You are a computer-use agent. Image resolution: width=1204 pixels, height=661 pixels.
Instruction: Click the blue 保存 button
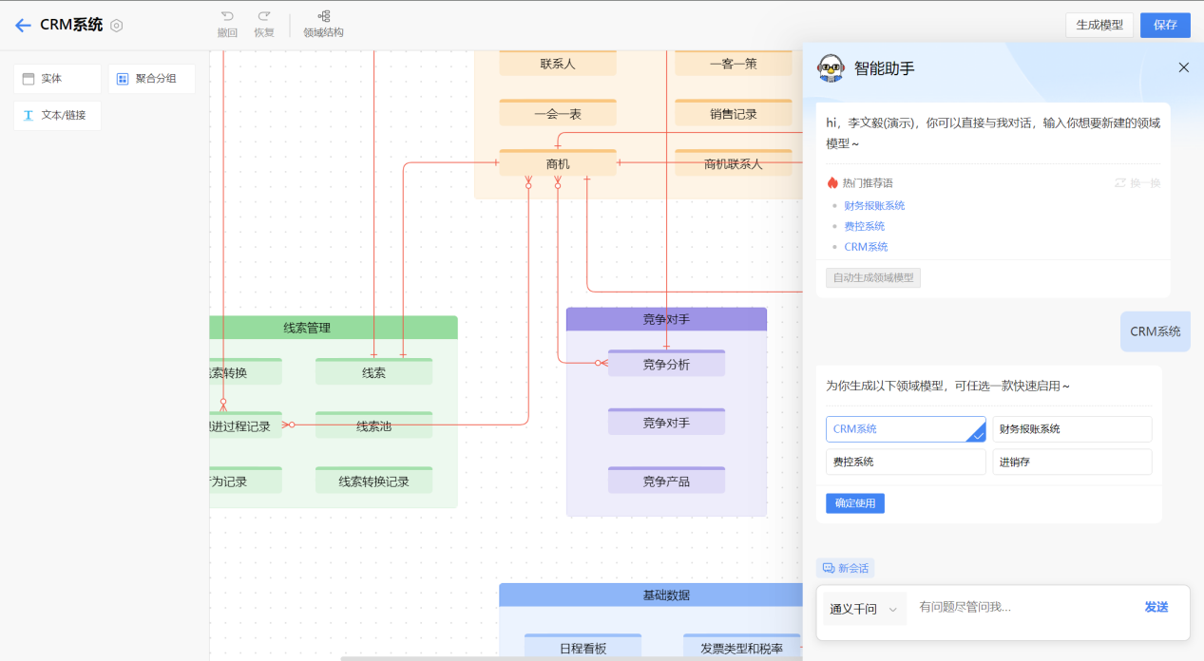coord(1165,26)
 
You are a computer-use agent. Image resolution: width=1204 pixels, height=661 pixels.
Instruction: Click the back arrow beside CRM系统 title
coord(23,26)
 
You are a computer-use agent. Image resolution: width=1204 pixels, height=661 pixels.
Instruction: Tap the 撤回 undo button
coord(227,24)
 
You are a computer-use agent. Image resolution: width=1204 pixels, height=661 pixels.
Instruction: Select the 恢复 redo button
coord(263,24)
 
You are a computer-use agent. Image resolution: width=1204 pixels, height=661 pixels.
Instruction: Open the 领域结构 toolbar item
coord(323,24)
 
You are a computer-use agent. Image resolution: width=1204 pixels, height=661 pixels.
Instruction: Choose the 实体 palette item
coord(57,79)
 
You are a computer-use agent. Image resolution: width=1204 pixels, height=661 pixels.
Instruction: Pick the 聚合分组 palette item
coord(151,79)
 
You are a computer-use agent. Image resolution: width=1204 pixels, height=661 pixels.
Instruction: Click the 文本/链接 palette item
coord(57,116)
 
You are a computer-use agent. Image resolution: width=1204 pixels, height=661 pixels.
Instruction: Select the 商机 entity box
coord(558,164)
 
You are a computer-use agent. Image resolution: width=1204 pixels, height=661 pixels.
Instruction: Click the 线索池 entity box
coord(373,426)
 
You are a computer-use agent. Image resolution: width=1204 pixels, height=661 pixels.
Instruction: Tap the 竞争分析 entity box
coord(666,365)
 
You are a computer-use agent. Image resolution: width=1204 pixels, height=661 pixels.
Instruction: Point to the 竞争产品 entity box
coord(666,482)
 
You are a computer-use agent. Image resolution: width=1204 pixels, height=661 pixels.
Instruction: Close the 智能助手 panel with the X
coord(1183,67)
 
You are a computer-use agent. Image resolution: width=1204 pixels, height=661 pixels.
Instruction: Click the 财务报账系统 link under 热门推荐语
coord(874,205)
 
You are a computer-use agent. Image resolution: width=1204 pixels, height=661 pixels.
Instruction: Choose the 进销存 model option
coord(1072,463)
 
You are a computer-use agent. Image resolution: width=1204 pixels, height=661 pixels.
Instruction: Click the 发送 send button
coord(1156,608)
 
